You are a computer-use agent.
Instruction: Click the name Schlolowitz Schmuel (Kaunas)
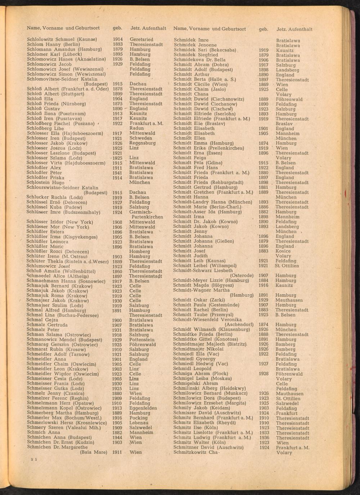point(62,39)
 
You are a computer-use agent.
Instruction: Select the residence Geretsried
point(141,39)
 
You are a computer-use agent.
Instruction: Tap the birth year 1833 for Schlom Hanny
point(117,44)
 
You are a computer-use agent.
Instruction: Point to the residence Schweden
point(140,138)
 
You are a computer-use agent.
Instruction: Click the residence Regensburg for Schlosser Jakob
point(143,143)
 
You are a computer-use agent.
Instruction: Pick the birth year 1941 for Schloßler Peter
point(117,173)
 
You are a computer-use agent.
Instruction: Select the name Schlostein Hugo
point(45,183)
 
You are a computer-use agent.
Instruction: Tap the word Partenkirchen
point(147,217)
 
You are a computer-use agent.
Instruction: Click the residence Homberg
point(140,251)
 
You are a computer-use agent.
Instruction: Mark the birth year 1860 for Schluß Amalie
point(117,271)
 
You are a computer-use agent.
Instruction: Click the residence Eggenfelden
point(143,408)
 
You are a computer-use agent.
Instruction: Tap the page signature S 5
point(34,459)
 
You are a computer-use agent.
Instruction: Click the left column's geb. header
point(117,28)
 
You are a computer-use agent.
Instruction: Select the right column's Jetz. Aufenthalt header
point(294,29)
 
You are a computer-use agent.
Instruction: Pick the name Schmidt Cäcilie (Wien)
point(200,84)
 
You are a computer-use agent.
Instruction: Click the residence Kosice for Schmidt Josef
point(283,251)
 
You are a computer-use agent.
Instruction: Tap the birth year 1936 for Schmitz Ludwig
point(264,438)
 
